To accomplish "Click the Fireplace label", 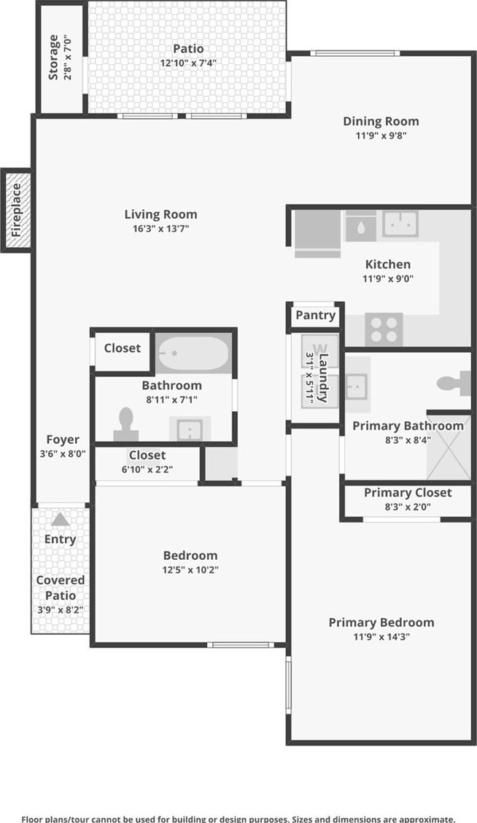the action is click(16, 210).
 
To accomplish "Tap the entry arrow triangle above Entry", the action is click(61, 520).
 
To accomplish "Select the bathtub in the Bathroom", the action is click(194, 354).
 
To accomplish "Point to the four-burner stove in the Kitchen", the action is click(384, 329).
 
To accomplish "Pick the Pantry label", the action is click(315, 315).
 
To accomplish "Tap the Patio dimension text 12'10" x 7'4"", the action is click(188, 63).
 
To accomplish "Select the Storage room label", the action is click(53, 57).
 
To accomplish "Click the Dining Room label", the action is click(381, 121).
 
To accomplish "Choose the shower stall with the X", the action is click(449, 445).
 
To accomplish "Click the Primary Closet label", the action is click(408, 493).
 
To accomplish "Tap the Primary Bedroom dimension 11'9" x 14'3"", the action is click(381, 636).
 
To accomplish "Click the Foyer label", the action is click(63, 440).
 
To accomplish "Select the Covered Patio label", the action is click(61, 588).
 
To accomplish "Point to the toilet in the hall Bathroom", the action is click(126, 425).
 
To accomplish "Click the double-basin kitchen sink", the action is click(400, 224).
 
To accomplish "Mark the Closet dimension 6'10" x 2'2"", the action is click(147, 469).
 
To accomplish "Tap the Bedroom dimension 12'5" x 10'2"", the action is click(190, 569).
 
